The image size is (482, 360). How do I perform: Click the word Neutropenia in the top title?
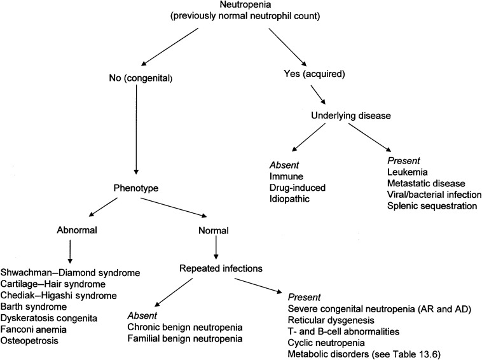pyautogui.click(x=240, y=5)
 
